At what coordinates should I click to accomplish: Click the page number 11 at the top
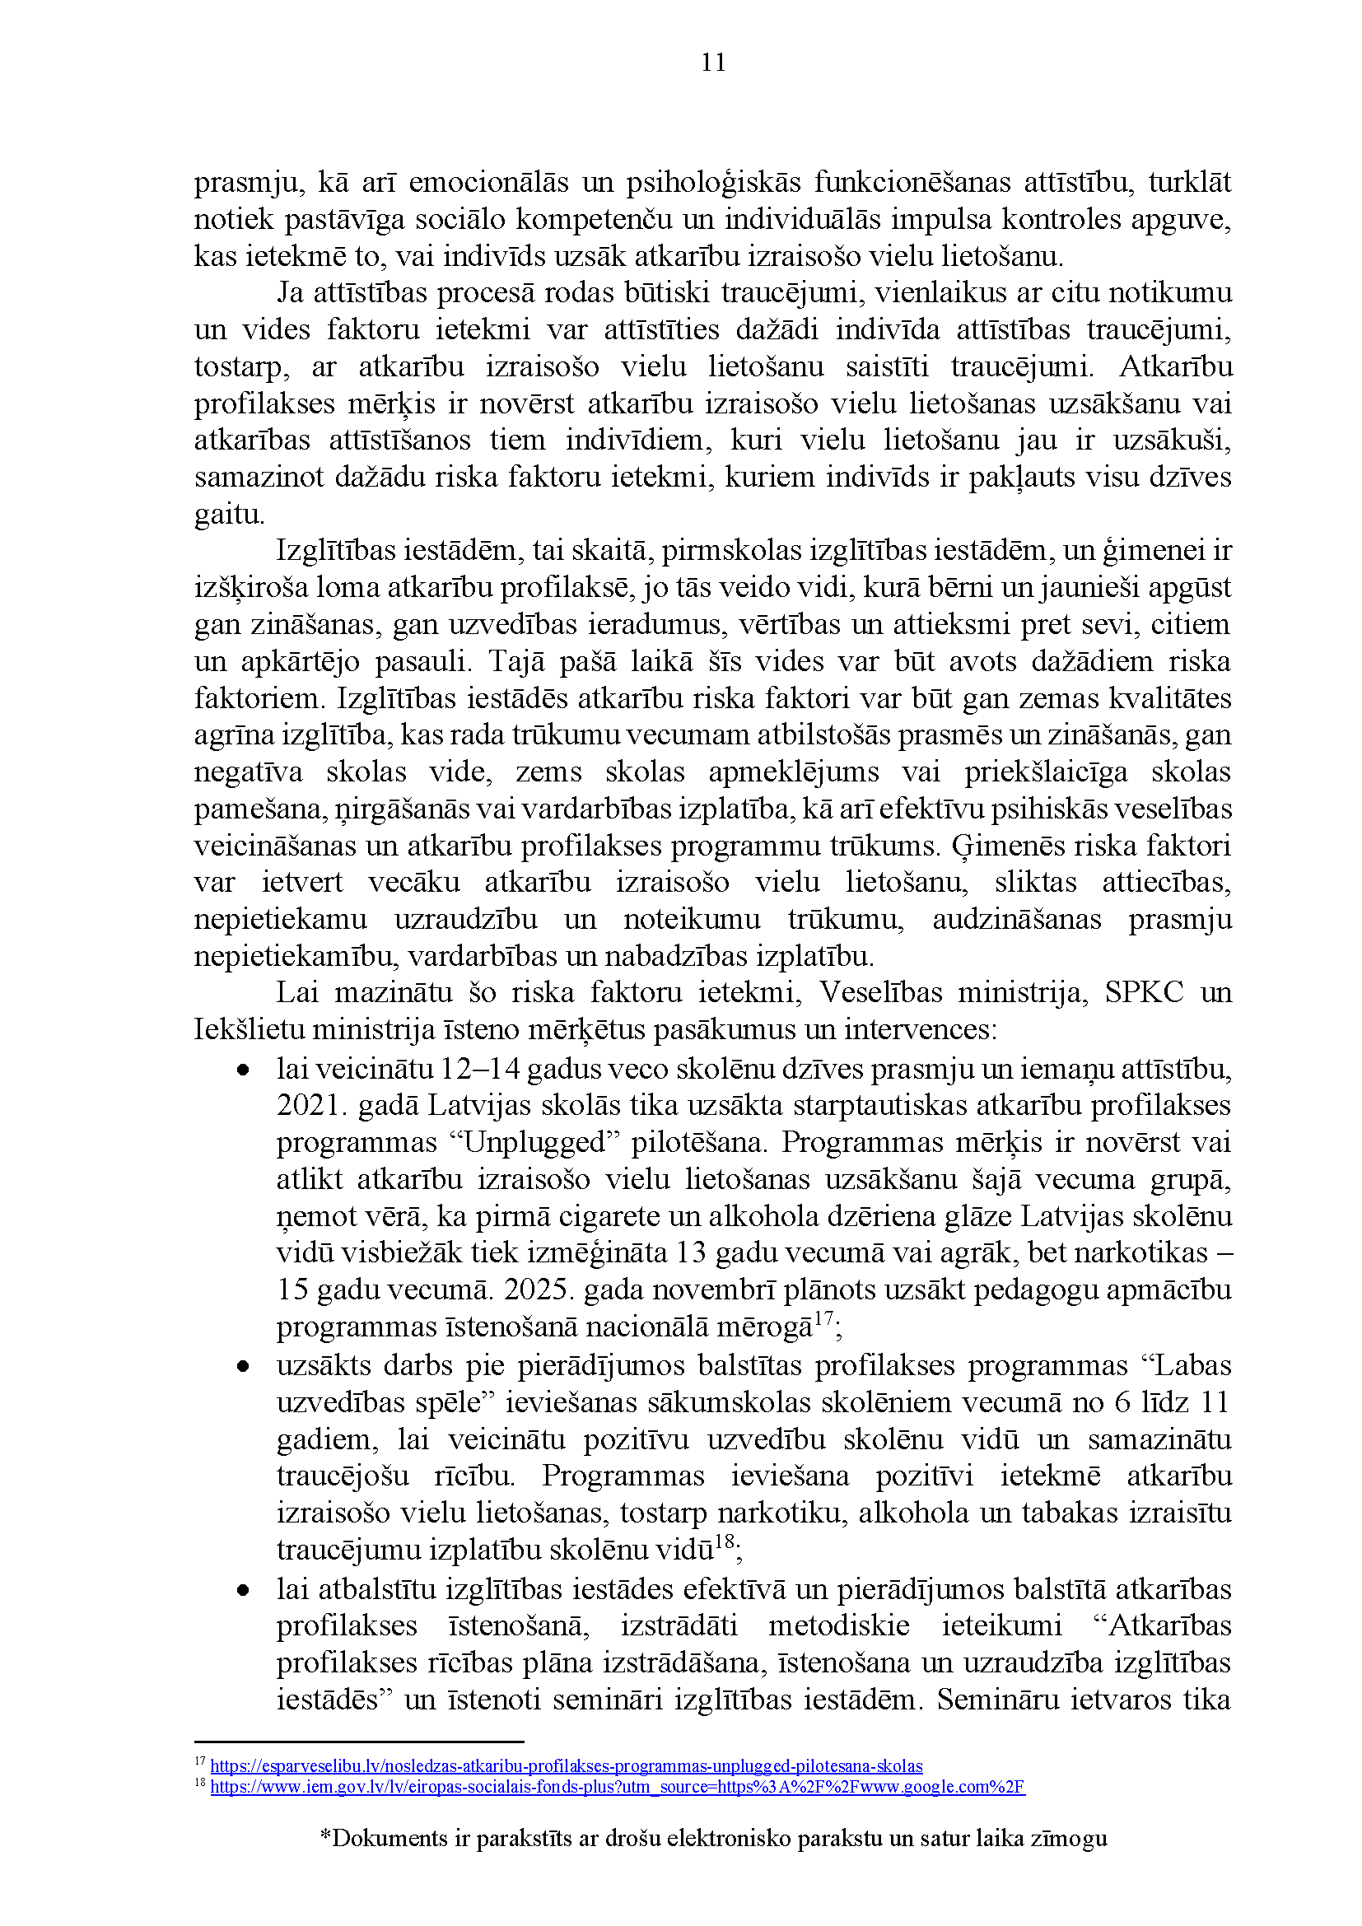point(713,63)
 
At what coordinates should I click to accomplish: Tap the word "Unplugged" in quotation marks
point(539,1141)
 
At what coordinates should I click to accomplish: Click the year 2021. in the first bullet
point(311,1105)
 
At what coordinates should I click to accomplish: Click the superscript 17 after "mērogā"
point(824,1318)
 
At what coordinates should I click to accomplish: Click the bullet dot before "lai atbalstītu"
point(243,1589)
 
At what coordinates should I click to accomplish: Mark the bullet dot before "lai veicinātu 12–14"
point(243,1070)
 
